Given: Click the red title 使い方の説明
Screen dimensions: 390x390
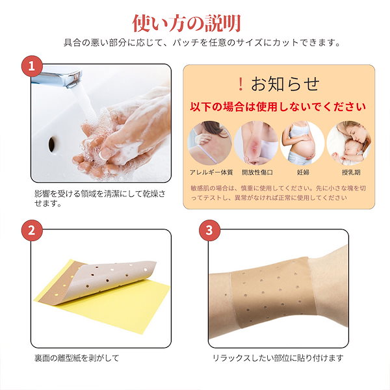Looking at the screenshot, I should [x=187, y=22].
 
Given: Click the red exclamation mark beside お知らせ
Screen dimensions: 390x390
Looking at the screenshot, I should [x=240, y=83].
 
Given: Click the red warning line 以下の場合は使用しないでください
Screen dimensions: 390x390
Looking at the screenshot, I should [x=279, y=106].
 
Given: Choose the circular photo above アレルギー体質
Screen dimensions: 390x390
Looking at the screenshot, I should [x=210, y=141].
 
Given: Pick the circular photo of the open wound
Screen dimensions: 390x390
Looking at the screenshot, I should [x=256, y=141].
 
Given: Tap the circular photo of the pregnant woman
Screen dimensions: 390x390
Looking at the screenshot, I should [x=302, y=141].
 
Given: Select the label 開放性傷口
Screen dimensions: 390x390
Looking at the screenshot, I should [x=256, y=174].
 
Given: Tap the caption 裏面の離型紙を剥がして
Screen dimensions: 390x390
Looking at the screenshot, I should [x=77, y=357].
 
